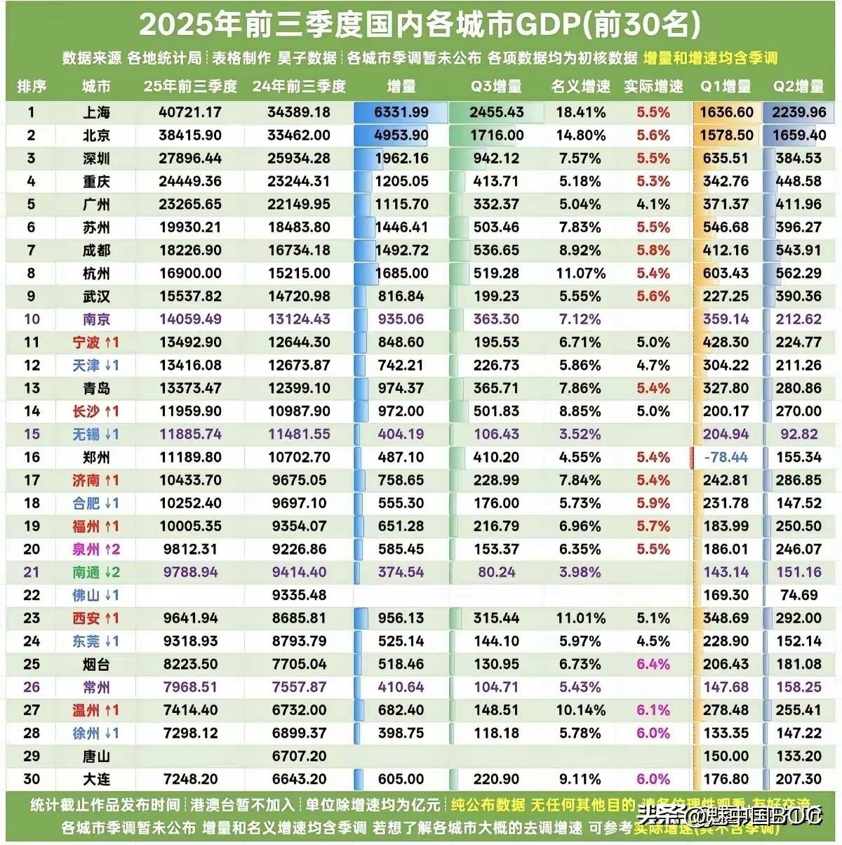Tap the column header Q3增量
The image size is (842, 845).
point(496,86)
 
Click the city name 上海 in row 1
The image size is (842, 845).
point(96,112)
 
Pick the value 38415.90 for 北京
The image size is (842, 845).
point(190,135)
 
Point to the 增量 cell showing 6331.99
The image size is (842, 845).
point(401,112)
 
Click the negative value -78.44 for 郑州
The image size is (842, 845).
point(726,458)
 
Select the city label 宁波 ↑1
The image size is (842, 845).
point(96,342)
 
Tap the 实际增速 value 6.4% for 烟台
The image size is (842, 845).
point(653,665)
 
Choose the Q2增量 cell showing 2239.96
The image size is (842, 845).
point(798,112)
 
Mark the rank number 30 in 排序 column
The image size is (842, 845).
point(32,779)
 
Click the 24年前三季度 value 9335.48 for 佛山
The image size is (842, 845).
point(300,595)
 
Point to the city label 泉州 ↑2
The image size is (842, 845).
point(96,550)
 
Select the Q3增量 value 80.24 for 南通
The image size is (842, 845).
point(496,573)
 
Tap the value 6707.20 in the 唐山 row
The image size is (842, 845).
point(300,757)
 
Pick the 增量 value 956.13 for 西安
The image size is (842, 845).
point(401,618)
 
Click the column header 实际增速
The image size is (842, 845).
point(653,86)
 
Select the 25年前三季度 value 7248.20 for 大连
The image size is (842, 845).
point(190,779)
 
